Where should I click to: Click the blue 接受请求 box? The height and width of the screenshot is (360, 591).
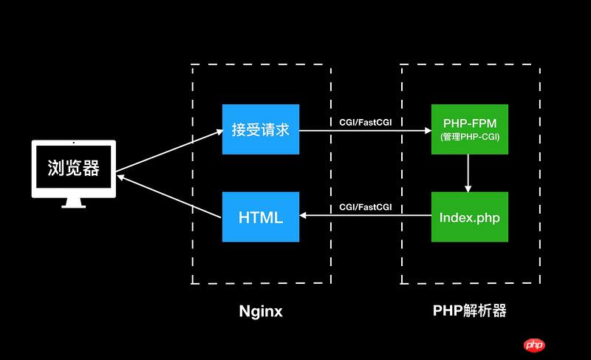[261, 129]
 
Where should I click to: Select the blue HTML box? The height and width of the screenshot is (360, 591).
[261, 217]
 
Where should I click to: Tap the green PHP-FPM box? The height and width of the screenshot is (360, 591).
[470, 129]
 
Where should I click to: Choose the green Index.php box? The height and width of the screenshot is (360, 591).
[470, 217]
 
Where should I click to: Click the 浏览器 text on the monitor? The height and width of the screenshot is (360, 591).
[73, 169]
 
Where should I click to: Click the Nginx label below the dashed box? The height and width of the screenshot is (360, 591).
[261, 311]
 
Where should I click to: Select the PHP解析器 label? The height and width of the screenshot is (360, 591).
[470, 310]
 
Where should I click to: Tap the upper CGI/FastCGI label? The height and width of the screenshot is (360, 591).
[366, 120]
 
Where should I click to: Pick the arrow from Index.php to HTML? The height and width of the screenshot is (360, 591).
[366, 216]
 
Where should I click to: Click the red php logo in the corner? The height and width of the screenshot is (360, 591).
[533, 344]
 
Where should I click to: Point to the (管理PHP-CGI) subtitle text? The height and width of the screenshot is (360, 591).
[470, 137]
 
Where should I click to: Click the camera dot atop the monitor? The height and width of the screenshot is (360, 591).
[73, 143]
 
